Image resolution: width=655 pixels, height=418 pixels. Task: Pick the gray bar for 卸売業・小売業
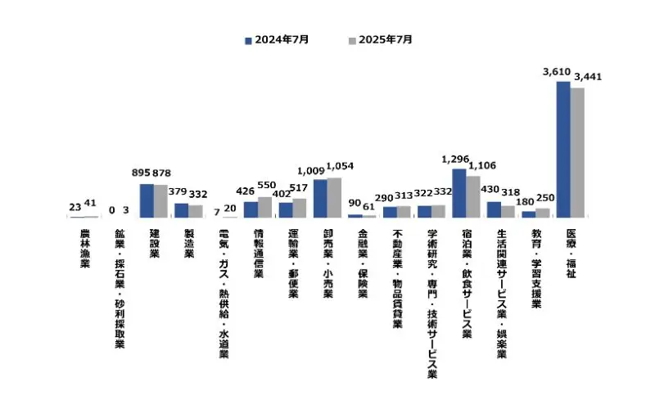pyautogui.click(x=334, y=197)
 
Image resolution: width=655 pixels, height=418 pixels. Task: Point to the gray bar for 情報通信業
pyautogui.click(x=264, y=207)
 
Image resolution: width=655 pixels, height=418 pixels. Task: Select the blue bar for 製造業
pyautogui.click(x=181, y=210)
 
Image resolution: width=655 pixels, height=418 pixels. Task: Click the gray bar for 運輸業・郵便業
pyautogui.click(x=300, y=208)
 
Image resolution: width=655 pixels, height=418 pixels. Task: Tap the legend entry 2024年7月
pyautogui.click(x=277, y=39)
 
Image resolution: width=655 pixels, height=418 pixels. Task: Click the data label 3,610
pyautogui.click(x=557, y=73)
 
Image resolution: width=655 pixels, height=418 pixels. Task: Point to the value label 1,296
pyautogui.click(x=455, y=159)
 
